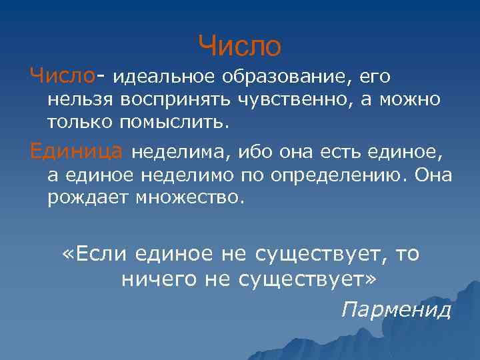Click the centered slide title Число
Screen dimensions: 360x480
(240, 46)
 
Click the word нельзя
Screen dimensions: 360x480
(80, 100)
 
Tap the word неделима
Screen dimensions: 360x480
(177, 154)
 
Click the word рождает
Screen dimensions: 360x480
(87, 198)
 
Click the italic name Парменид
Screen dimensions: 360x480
(395, 310)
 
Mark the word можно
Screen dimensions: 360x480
(409, 100)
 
